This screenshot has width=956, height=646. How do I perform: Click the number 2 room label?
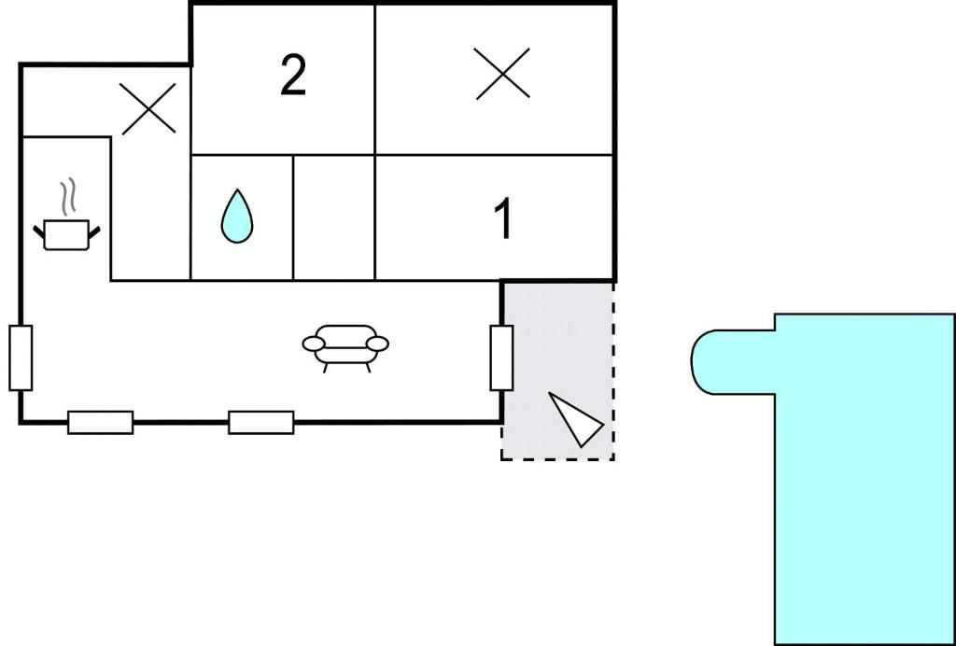point(293,76)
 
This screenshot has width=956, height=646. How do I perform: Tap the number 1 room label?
point(503,218)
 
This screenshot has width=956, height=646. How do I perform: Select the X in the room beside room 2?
point(502,73)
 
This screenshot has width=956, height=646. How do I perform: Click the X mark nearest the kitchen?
point(148,108)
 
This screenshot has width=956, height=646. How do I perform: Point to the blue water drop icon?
point(236,217)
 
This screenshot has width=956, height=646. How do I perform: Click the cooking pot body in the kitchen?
point(66,234)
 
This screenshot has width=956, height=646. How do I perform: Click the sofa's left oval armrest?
point(314,344)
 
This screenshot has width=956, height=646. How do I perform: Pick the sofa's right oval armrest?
point(377,344)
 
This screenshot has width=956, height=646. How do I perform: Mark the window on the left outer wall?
point(21,358)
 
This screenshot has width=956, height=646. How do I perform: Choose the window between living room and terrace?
point(501,358)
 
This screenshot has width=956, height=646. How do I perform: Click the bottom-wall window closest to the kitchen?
point(101,422)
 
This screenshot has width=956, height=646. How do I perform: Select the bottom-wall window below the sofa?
point(261,422)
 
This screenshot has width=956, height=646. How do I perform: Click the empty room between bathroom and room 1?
point(334,218)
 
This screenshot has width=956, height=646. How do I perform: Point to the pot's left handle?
point(39,232)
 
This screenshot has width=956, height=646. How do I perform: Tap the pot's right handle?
point(94,232)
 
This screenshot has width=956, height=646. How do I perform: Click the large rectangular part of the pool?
point(865,479)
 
